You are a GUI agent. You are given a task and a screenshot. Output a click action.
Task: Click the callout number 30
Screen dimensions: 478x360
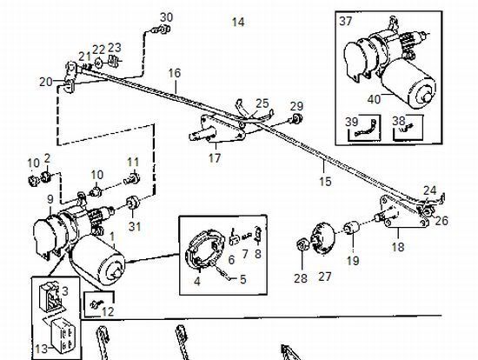pyautogui.click(x=167, y=17)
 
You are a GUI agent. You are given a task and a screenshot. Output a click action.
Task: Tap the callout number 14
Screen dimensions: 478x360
pyautogui.click(x=238, y=22)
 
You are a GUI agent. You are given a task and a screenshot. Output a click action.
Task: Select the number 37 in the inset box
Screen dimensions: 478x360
pyautogui.click(x=346, y=22)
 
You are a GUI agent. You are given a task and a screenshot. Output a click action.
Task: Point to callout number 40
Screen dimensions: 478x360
pyautogui.click(x=374, y=99)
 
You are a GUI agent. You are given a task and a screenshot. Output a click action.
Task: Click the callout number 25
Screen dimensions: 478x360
pyautogui.click(x=262, y=103)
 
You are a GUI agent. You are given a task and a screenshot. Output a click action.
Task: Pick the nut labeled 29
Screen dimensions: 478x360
pyautogui.click(x=296, y=117)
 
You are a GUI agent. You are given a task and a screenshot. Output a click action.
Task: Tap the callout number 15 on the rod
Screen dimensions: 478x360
pyautogui.click(x=325, y=181)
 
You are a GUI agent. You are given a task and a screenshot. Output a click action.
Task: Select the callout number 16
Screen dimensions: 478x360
pyautogui.click(x=175, y=73)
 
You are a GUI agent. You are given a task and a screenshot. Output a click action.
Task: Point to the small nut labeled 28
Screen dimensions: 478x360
pyautogui.click(x=302, y=244)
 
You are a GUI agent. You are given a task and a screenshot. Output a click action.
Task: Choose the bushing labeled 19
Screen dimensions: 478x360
pyautogui.click(x=351, y=229)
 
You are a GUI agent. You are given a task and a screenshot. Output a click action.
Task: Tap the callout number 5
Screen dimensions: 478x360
pyautogui.click(x=242, y=279)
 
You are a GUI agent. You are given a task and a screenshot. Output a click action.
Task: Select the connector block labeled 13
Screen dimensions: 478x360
pyautogui.click(x=63, y=335)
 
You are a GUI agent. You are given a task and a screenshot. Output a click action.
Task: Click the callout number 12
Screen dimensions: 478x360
pyautogui.click(x=108, y=311)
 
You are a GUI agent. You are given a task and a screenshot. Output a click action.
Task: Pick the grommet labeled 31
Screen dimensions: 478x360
pyautogui.click(x=133, y=203)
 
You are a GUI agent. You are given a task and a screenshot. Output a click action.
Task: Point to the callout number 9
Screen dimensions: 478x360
pyautogui.click(x=50, y=199)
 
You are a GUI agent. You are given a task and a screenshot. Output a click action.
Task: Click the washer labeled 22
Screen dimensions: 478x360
pyautogui.click(x=98, y=63)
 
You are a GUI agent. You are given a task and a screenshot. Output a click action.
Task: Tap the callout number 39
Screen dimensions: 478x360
pyautogui.click(x=351, y=122)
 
